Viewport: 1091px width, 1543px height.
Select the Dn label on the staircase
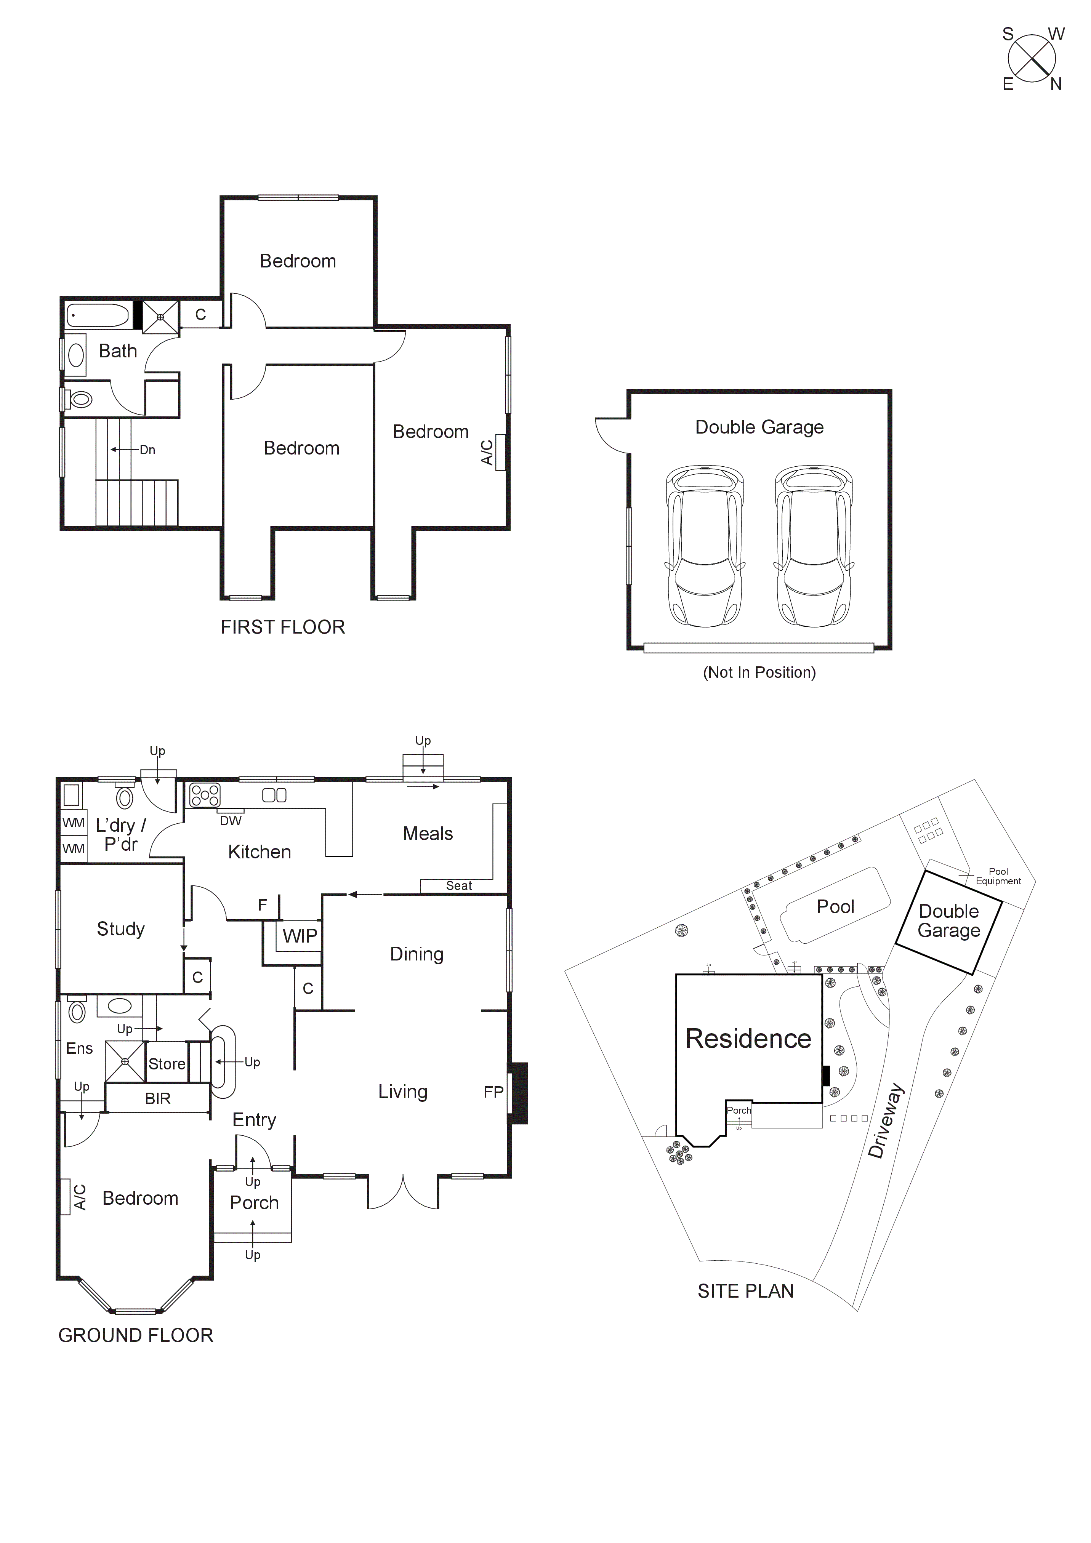(x=147, y=450)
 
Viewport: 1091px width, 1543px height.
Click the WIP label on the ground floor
(x=300, y=936)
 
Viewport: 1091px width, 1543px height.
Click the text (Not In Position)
(x=759, y=673)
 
